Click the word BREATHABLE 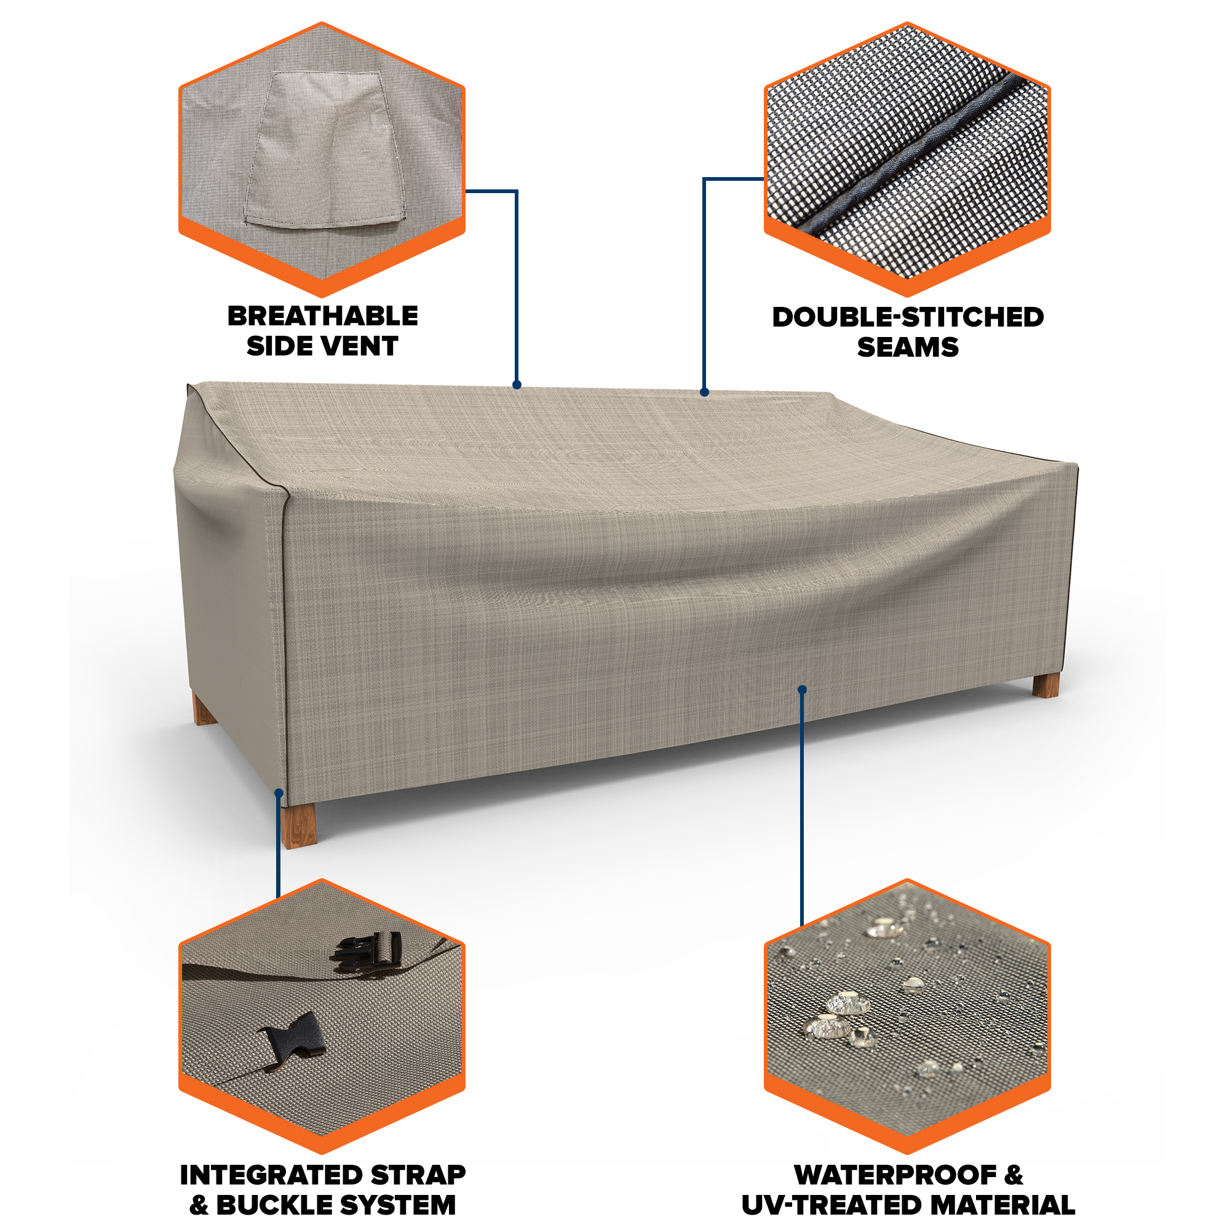[x=323, y=316]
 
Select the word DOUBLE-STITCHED [x=908, y=317]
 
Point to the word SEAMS [x=908, y=347]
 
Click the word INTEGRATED [x=271, y=1175]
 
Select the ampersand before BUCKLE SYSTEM [x=199, y=1205]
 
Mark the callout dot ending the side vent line [x=517, y=384]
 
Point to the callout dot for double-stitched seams [x=704, y=392]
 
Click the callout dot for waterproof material [x=802, y=689]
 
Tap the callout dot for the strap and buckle [x=279, y=793]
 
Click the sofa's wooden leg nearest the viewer [x=299, y=827]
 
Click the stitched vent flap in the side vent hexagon [x=325, y=150]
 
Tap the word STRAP [x=418, y=1175]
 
